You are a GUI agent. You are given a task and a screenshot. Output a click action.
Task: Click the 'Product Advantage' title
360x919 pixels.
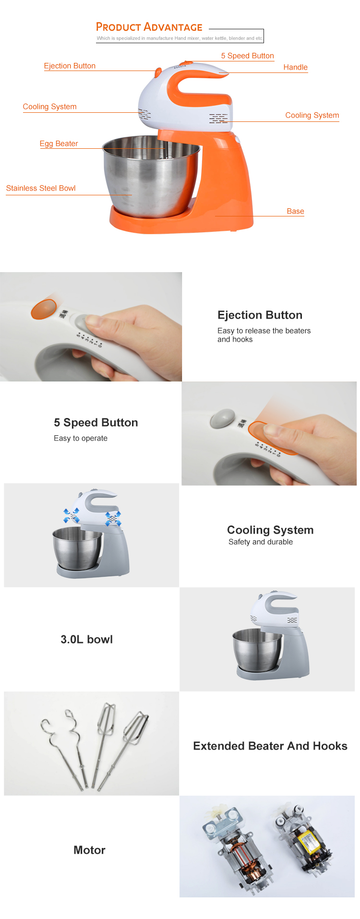pyautogui.click(x=149, y=27)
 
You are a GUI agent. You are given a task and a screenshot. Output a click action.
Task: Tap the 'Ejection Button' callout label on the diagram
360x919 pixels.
pyautogui.click(x=70, y=66)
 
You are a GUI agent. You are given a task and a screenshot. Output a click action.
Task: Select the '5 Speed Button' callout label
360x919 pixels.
pyautogui.click(x=247, y=56)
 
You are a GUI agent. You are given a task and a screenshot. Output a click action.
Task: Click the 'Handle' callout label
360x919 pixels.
pyautogui.click(x=295, y=67)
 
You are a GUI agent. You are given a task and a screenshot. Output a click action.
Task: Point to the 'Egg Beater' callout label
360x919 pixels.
pyautogui.click(x=59, y=143)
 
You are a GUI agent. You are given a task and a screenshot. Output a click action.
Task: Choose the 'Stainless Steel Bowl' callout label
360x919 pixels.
pyautogui.click(x=41, y=188)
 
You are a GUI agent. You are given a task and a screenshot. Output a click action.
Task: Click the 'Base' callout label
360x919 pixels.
pyautogui.click(x=295, y=211)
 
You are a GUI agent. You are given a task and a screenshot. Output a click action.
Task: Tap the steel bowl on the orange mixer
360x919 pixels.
pyautogui.click(x=151, y=175)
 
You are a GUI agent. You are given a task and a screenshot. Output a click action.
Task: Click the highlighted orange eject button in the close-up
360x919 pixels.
pyautogui.click(x=44, y=309)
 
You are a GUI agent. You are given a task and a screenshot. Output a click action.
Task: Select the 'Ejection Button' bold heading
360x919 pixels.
pyautogui.click(x=260, y=315)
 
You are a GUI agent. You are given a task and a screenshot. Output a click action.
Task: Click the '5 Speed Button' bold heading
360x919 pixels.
pyautogui.click(x=96, y=422)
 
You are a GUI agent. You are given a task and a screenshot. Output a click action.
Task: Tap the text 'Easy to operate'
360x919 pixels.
pyautogui.click(x=81, y=438)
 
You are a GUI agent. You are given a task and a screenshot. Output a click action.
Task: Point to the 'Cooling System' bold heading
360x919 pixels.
pyautogui.click(x=270, y=530)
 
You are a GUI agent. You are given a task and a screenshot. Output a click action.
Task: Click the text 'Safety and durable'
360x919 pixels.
pyautogui.click(x=261, y=542)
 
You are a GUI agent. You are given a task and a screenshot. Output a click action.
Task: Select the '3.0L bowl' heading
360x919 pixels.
pyautogui.click(x=86, y=639)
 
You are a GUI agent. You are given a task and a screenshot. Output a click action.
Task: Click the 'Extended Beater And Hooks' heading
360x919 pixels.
pyautogui.click(x=270, y=746)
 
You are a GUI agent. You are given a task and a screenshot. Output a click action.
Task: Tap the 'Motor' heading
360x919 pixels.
pyautogui.click(x=89, y=850)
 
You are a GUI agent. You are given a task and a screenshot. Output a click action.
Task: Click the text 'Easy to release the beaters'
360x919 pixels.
pyautogui.click(x=264, y=331)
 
